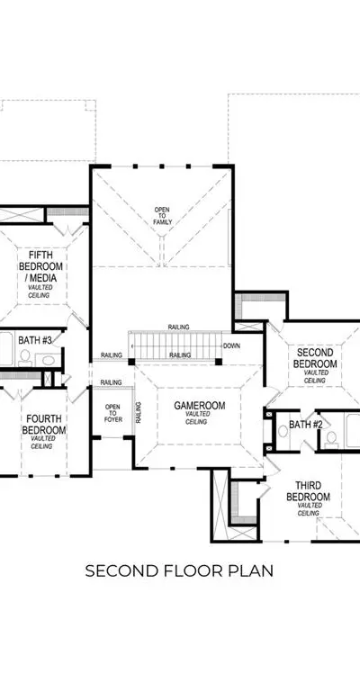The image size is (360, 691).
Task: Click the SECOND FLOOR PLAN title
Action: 179,570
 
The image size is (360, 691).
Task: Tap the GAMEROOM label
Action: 199,406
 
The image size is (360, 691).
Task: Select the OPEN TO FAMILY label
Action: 162,216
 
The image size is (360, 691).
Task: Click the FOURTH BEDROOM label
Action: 43,424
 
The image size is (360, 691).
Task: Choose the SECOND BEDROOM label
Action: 315,358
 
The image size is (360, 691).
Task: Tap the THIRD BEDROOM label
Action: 308,491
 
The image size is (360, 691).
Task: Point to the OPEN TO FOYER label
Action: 112,413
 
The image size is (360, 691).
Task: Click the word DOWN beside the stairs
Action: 231,345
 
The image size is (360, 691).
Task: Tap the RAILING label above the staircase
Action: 178,327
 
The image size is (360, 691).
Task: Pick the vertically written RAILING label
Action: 139,412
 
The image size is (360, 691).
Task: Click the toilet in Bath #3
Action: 25,358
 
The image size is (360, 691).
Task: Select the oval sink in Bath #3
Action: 49,361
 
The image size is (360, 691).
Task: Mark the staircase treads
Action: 174,345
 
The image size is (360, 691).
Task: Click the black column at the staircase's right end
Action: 219,362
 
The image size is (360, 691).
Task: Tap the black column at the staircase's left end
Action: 131,362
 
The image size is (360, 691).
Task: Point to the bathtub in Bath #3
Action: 6,348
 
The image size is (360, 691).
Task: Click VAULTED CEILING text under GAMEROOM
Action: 196,417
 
